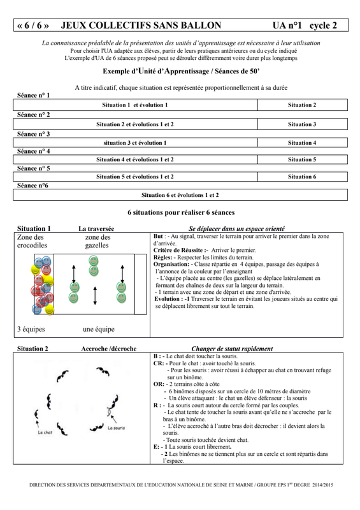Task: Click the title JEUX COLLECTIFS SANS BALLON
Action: (x=141, y=25)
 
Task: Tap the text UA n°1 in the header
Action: (x=287, y=25)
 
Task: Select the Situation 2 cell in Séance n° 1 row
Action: (x=303, y=105)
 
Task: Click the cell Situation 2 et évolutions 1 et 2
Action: (x=135, y=124)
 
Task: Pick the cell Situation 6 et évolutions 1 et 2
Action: (x=180, y=195)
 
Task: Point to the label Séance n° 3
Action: (x=34, y=134)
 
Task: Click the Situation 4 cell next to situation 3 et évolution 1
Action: (x=303, y=143)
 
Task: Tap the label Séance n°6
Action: (x=32, y=186)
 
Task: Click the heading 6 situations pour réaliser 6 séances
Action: (x=181, y=212)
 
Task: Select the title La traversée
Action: (x=96, y=229)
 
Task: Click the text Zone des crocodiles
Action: (x=32, y=242)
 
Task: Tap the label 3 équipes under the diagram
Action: (x=31, y=329)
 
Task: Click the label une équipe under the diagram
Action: (x=99, y=329)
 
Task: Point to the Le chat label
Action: (x=45, y=433)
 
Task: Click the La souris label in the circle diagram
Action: (x=116, y=428)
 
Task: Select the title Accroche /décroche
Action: (x=108, y=349)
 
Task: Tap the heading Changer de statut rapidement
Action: (x=232, y=349)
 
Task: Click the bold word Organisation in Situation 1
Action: (x=171, y=265)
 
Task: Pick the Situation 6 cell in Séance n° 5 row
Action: (x=303, y=177)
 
